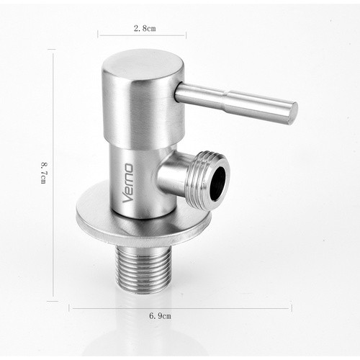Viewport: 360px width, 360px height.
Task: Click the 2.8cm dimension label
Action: coord(145,28)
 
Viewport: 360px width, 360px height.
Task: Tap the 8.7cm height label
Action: coord(44,173)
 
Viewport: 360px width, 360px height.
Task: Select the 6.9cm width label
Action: coord(160,315)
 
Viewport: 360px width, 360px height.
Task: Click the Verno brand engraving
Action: coord(127,183)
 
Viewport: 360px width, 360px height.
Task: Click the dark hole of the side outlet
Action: coord(217,183)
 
